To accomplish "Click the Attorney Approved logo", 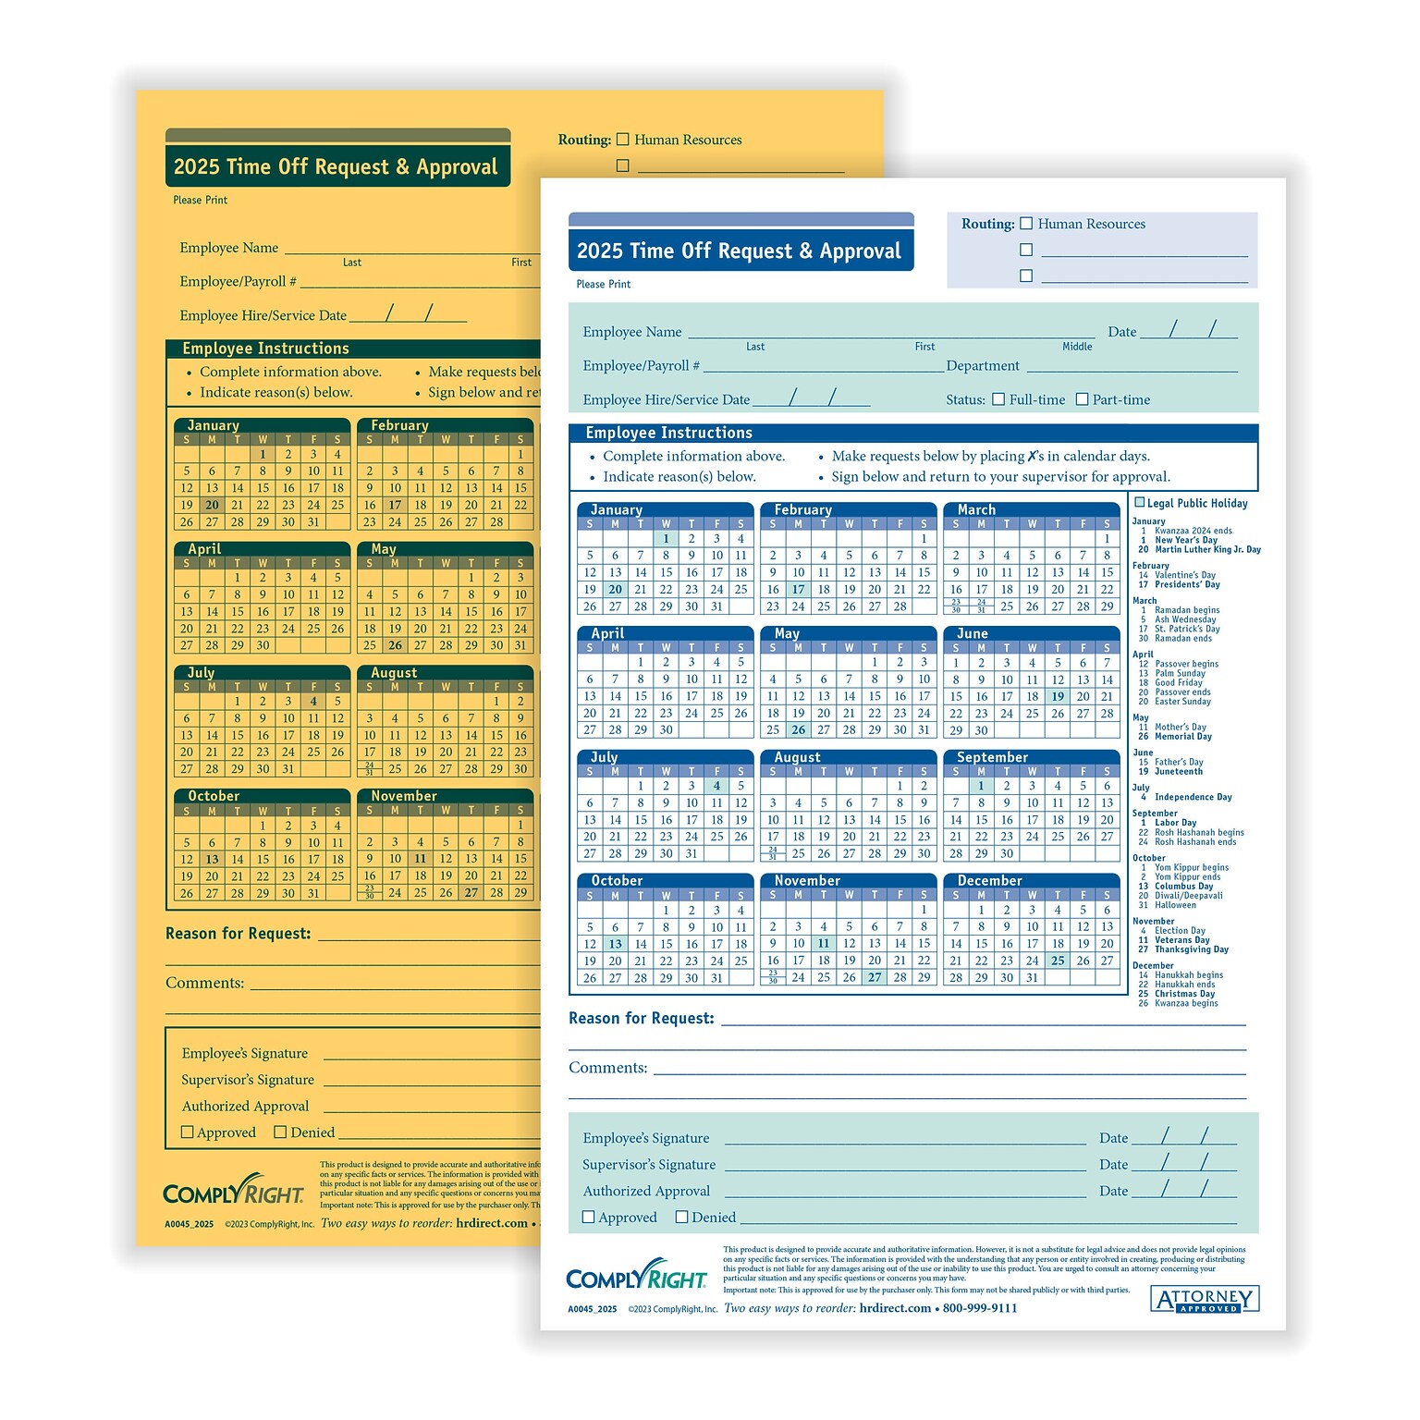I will pos(1206,1300).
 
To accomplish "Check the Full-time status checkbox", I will pos(998,399).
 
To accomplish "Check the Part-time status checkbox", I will pos(1082,399).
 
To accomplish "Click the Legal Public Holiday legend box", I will pos(1140,503).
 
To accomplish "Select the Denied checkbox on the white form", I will pos(682,1218).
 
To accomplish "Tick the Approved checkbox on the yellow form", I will pos(188,1132).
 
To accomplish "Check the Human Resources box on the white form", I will pos(1026,224).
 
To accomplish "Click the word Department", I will pos(983,366).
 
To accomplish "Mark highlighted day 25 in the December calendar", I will pos(1058,961).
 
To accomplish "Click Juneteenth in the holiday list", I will pos(1179,772).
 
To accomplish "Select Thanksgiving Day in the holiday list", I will pos(1192,949).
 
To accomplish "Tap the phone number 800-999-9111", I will pos(980,1308).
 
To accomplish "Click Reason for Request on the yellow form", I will pos(239,934).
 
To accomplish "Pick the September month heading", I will pos(992,757).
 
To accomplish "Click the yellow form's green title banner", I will pos(337,166).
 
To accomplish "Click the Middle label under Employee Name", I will pos(1077,347).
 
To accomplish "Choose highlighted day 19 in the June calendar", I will pos(1058,697).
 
